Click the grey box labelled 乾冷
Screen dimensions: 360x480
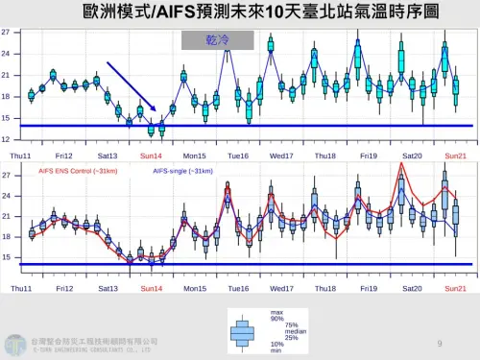point(217,40)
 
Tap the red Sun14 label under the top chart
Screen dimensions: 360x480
point(151,155)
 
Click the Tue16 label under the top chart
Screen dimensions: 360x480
point(237,155)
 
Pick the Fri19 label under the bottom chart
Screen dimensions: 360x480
point(369,288)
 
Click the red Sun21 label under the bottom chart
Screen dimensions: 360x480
point(456,288)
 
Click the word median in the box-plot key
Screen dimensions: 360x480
point(281,329)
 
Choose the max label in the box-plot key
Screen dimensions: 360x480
point(276,313)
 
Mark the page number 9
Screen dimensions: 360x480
point(439,343)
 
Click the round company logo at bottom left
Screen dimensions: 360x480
point(13,343)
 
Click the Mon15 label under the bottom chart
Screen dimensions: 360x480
point(194,288)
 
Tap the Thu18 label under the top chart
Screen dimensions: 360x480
point(324,155)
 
